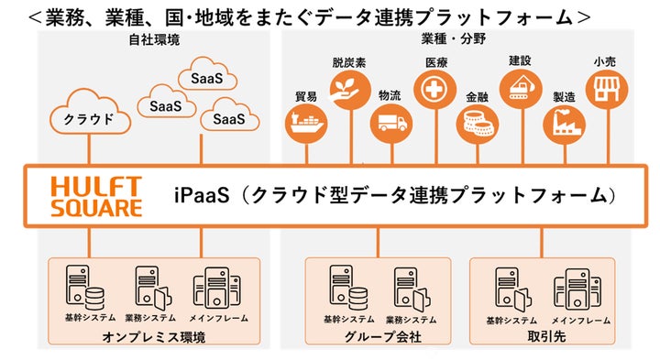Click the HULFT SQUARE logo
click(95, 195)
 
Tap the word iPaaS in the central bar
click(200, 195)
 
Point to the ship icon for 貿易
click(305, 124)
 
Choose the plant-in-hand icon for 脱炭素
click(348, 92)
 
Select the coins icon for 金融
click(476, 123)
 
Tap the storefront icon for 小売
click(603, 90)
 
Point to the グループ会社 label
click(378, 336)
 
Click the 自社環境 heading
click(153, 39)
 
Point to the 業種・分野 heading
click(452, 39)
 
